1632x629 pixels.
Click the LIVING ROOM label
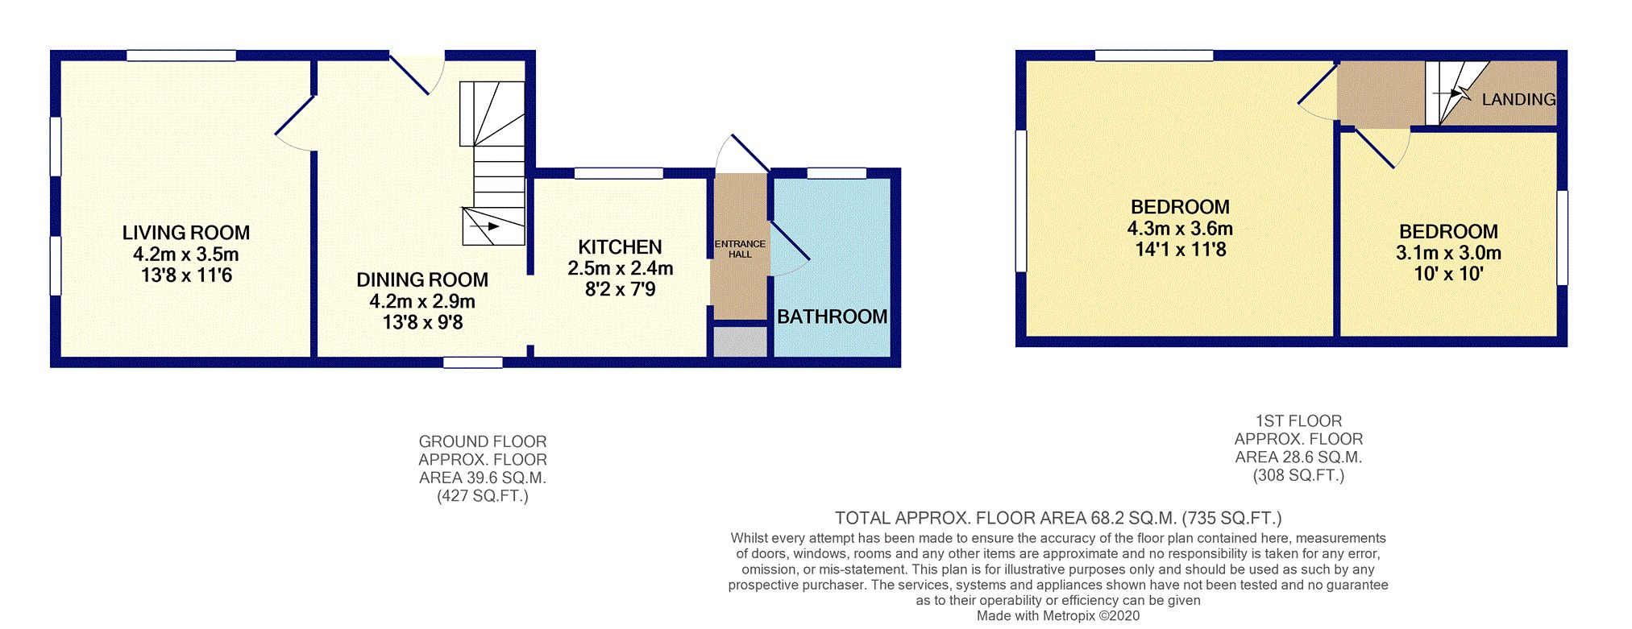point(186,233)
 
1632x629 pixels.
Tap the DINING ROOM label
point(422,279)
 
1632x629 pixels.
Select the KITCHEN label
point(620,247)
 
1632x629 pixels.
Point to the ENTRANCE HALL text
point(740,249)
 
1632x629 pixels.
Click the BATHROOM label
point(832,317)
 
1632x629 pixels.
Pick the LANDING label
point(1518,99)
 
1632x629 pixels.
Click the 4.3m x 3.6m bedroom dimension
point(1180,229)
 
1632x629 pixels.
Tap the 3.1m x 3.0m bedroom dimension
point(1448,253)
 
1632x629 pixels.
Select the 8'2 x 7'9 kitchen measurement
point(620,289)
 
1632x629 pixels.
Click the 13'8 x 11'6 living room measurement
point(186,275)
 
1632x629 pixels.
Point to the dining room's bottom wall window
point(473,362)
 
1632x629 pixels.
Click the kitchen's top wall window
point(618,173)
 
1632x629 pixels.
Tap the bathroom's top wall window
point(837,173)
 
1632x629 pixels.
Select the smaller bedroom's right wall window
point(1562,238)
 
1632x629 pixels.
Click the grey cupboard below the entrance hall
point(740,341)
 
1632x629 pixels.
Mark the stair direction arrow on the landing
point(1452,93)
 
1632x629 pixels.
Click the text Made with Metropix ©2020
point(1058,616)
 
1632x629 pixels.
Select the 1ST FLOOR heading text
point(1298,421)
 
